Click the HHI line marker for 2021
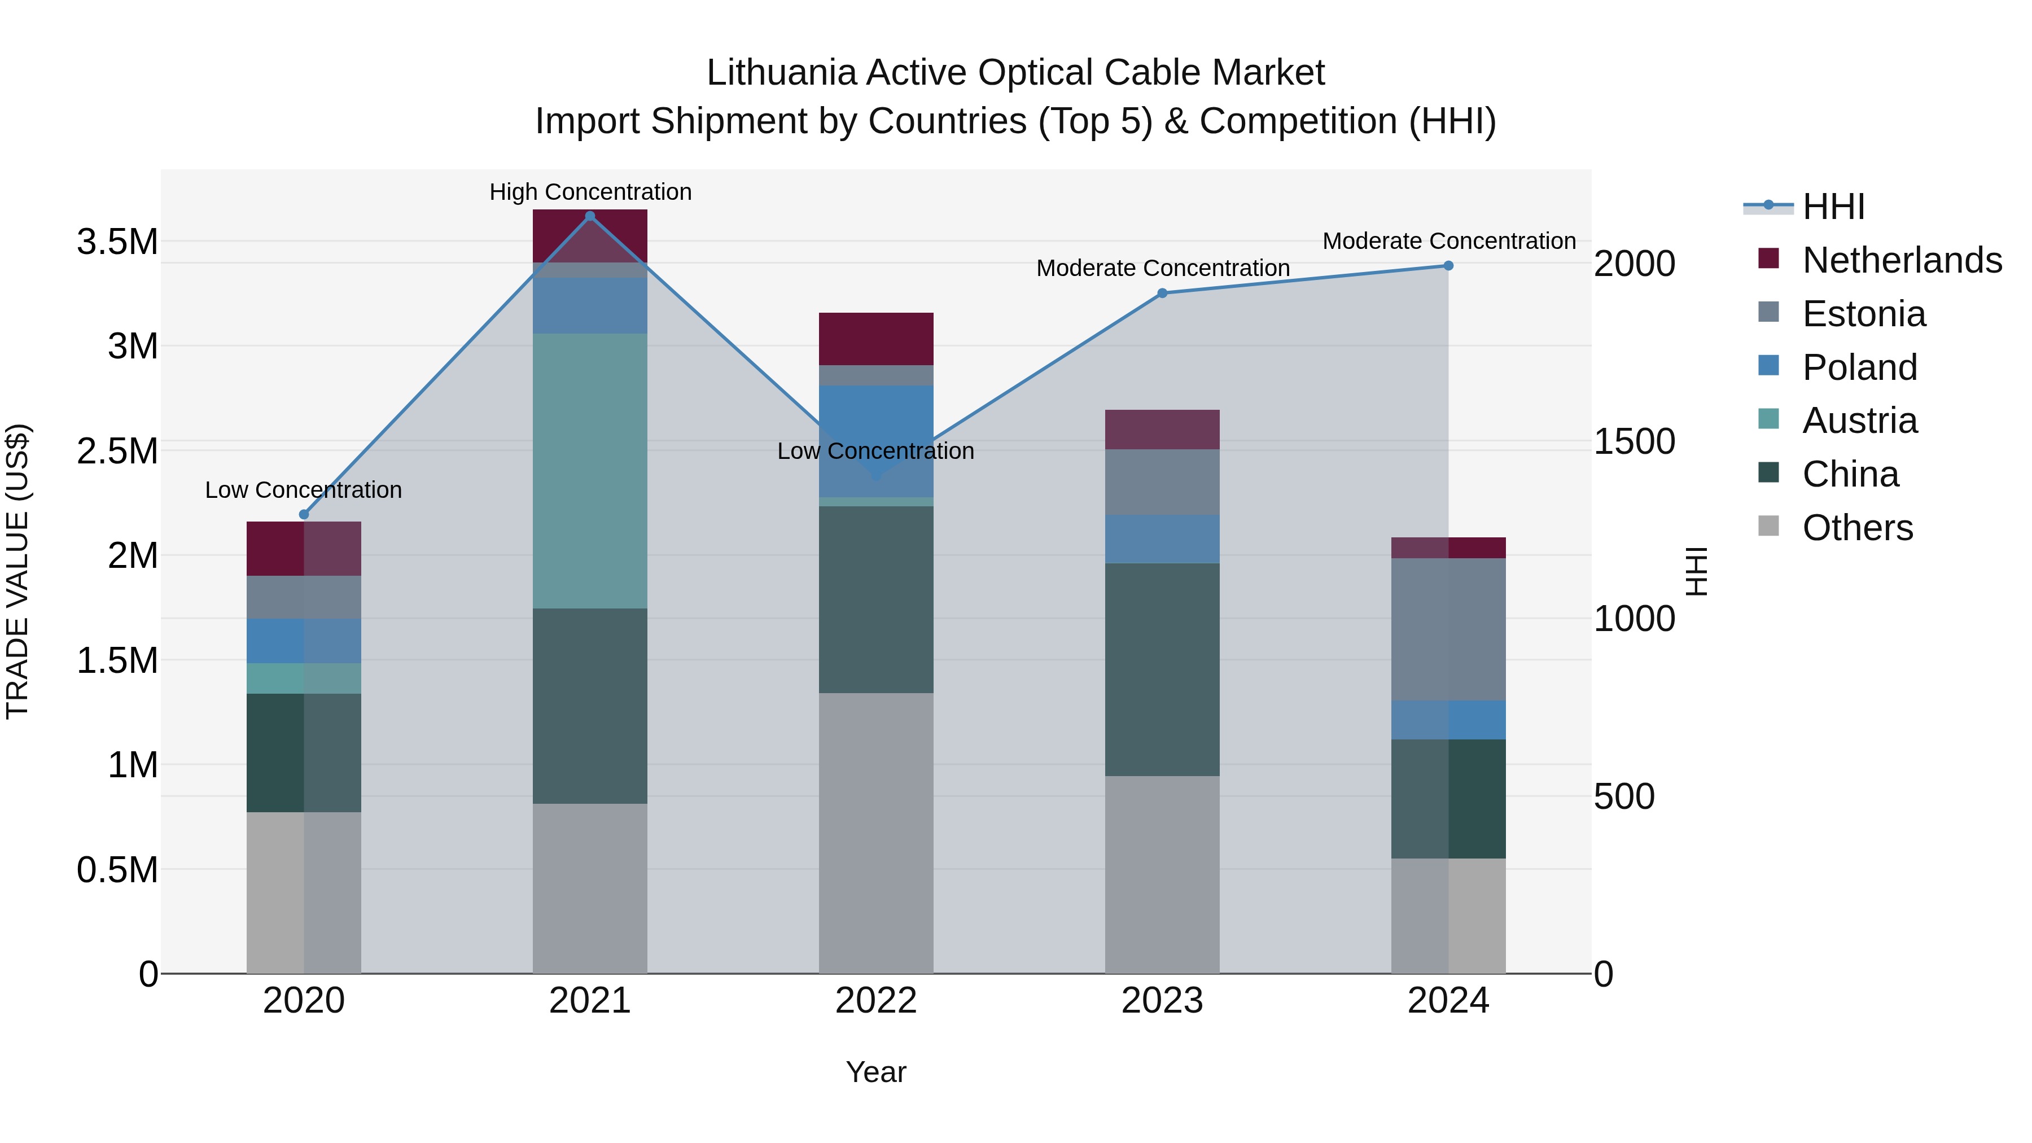tap(590, 216)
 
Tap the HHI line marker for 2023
tap(1162, 294)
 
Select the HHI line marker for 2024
tap(1448, 266)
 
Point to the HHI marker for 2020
tap(304, 514)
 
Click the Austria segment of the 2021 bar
tap(590, 470)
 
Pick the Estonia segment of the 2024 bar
tap(1448, 629)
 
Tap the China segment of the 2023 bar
tap(1162, 669)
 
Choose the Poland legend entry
tap(1859, 367)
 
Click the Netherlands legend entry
tap(1901, 260)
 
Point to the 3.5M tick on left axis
tap(117, 242)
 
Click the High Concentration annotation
tap(590, 192)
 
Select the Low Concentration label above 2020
tap(304, 490)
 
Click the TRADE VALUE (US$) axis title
tap(18, 571)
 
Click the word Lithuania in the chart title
tap(781, 73)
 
